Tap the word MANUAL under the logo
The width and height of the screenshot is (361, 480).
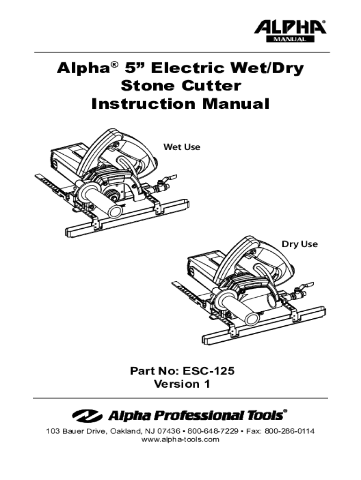click(290, 39)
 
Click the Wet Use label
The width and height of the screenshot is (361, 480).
click(181, 147)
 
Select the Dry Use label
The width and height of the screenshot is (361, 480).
click(299, 244)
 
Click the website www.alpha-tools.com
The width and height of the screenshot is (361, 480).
click(180, 440)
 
